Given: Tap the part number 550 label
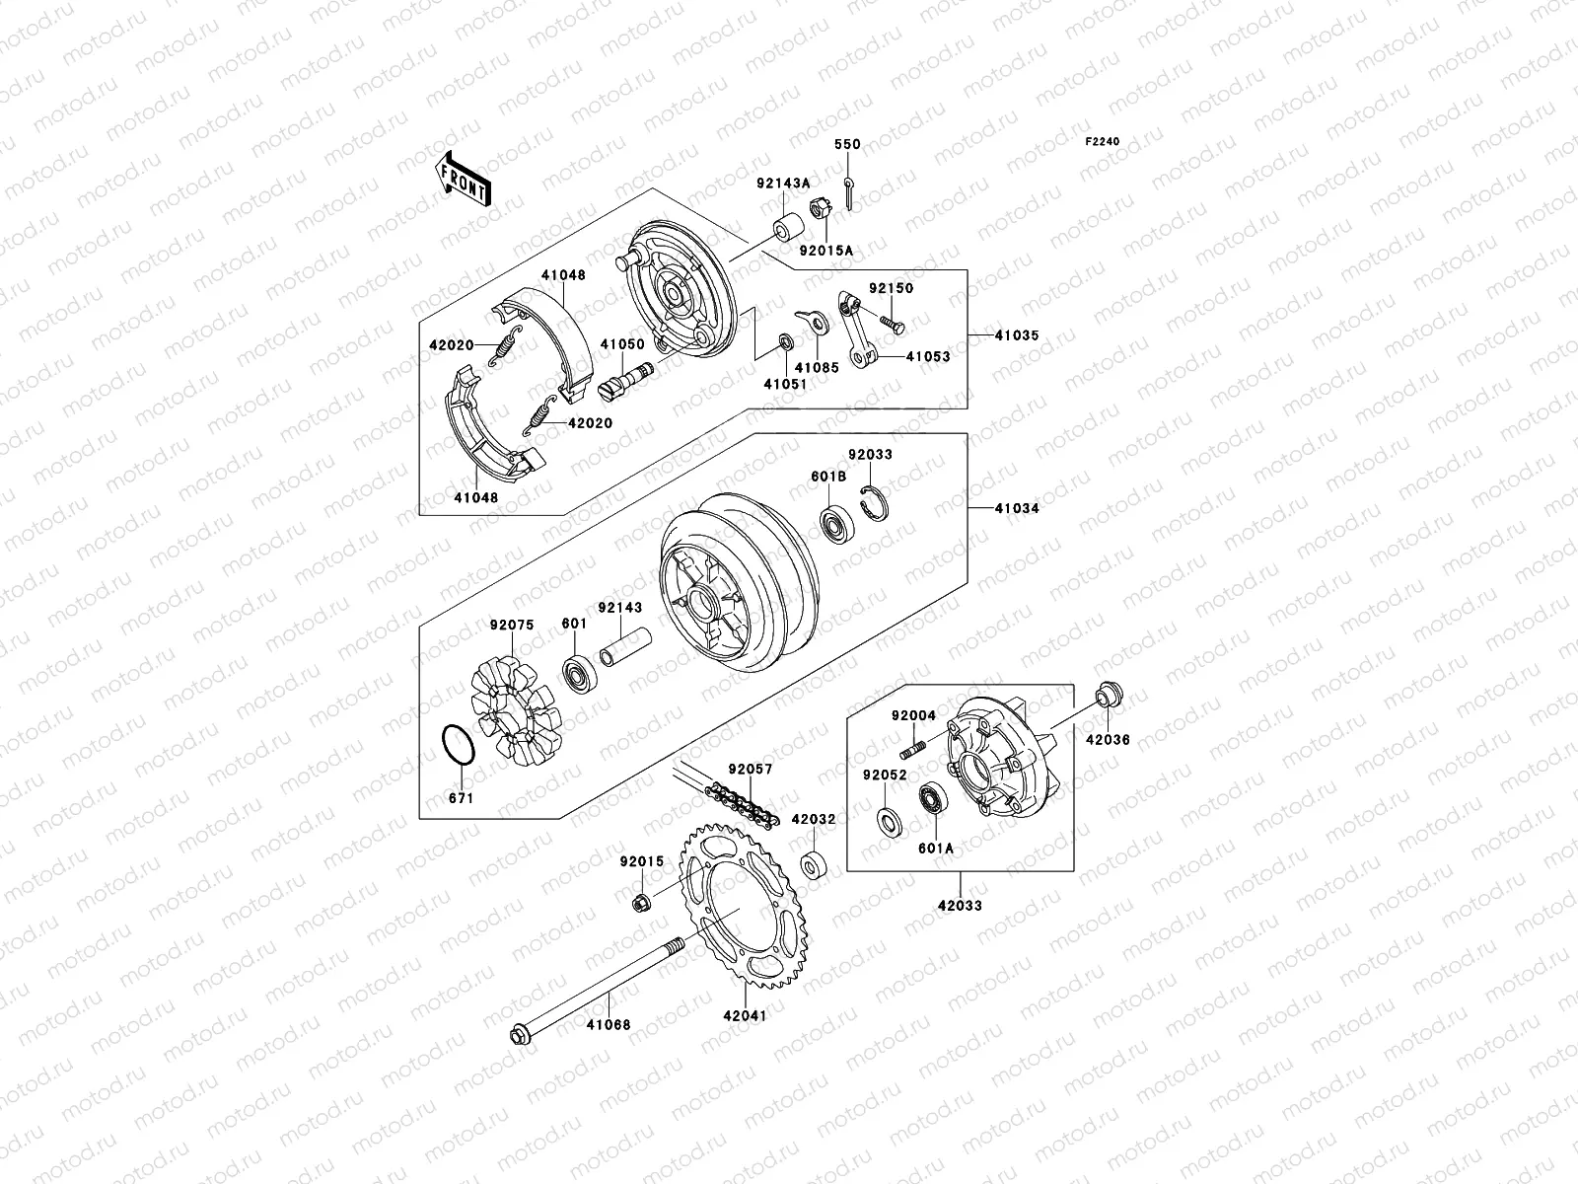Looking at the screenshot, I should click(847, 144).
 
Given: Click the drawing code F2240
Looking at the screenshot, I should click(1103, 142).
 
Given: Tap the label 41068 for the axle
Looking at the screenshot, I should click(609, 1025).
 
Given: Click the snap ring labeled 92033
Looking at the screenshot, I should click(875, 502).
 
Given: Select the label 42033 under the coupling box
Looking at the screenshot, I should click(959, 905).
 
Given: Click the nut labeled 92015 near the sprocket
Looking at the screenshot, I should click(642, 901).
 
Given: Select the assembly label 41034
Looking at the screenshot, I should click(1016, 508).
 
